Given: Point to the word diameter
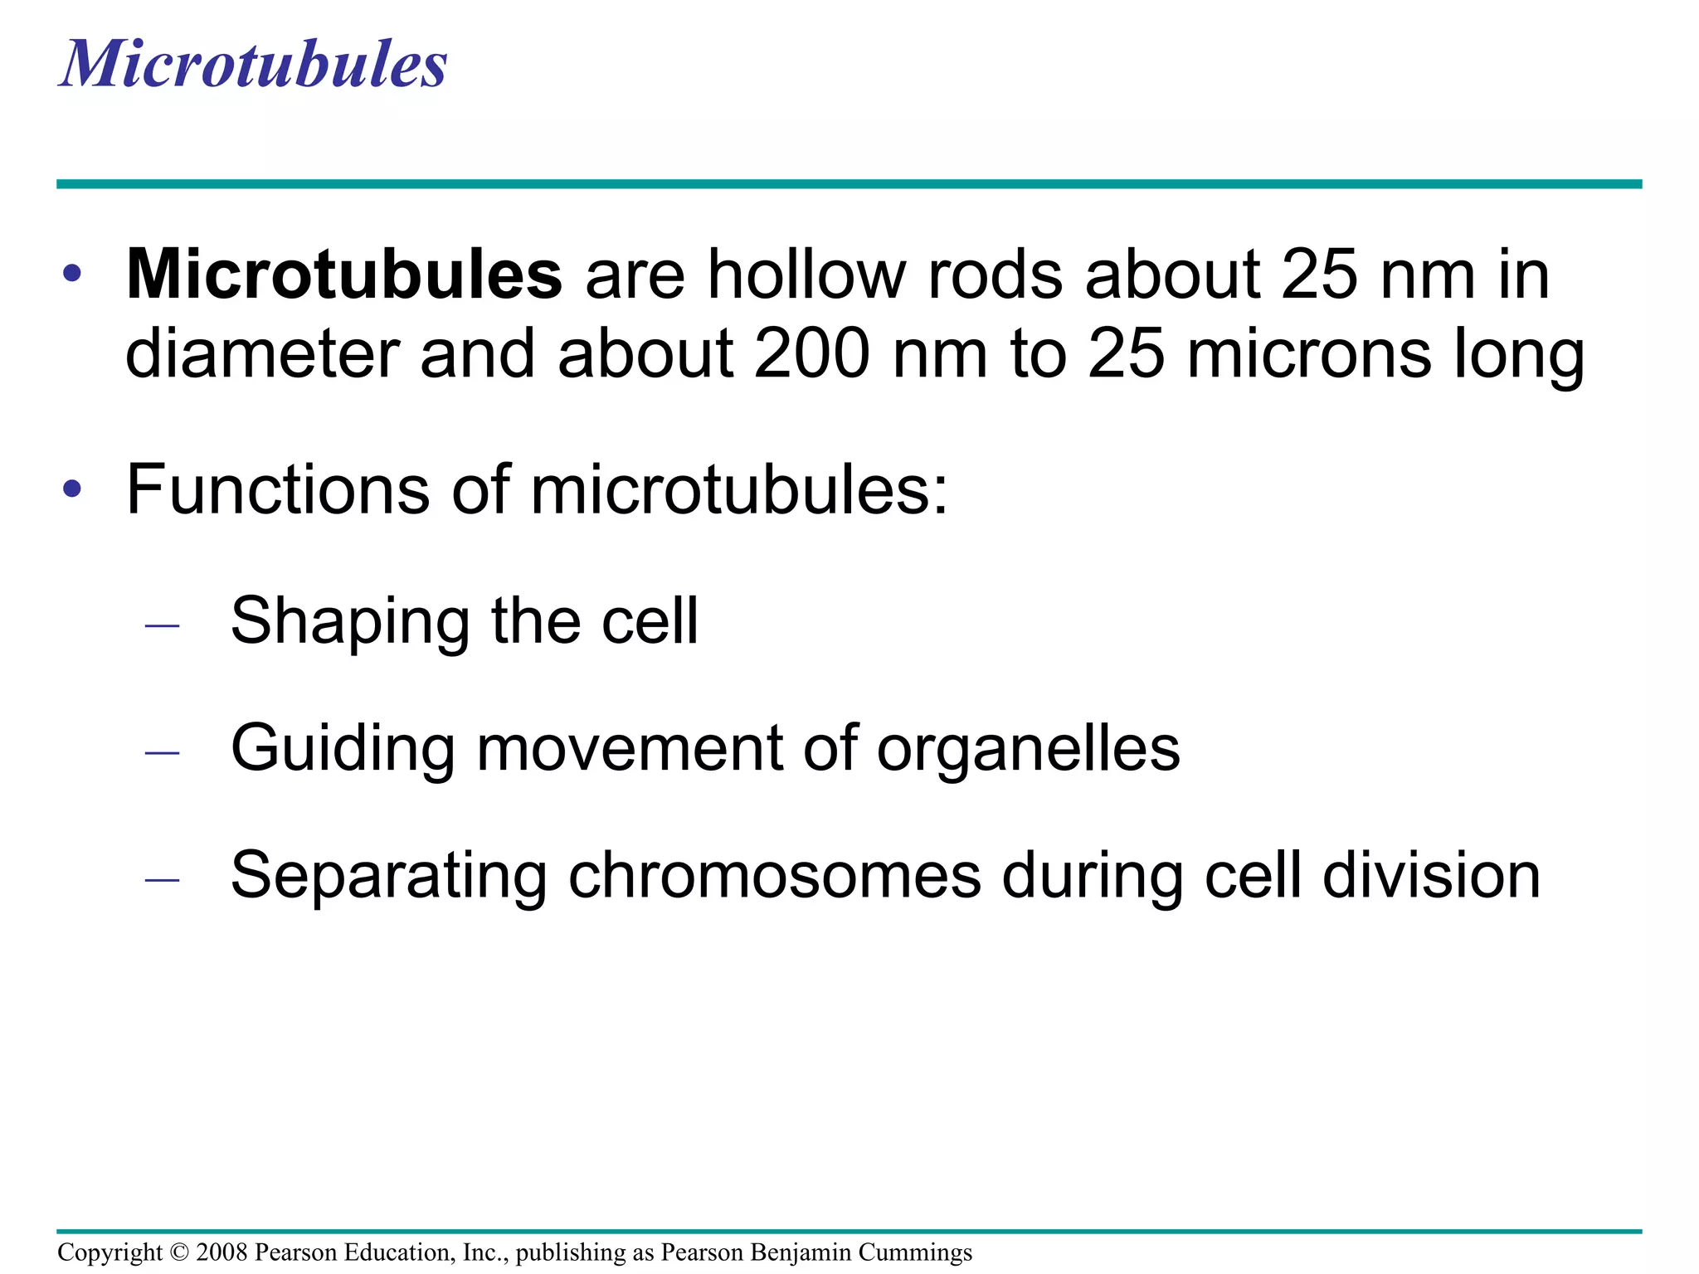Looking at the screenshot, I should point(262,354).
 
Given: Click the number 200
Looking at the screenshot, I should point(812,354).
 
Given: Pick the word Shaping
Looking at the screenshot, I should point(350,622).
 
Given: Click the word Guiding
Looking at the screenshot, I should point(343,750).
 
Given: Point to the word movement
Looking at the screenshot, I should point(629,748).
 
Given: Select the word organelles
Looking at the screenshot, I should point(1028,750).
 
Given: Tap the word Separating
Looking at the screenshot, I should point(389,877).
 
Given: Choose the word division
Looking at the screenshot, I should point(1431,875).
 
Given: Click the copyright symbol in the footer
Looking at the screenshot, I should point(179,1252).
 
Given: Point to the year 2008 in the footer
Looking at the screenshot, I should point(222,1252).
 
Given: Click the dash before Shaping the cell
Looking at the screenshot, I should point(162,625).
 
